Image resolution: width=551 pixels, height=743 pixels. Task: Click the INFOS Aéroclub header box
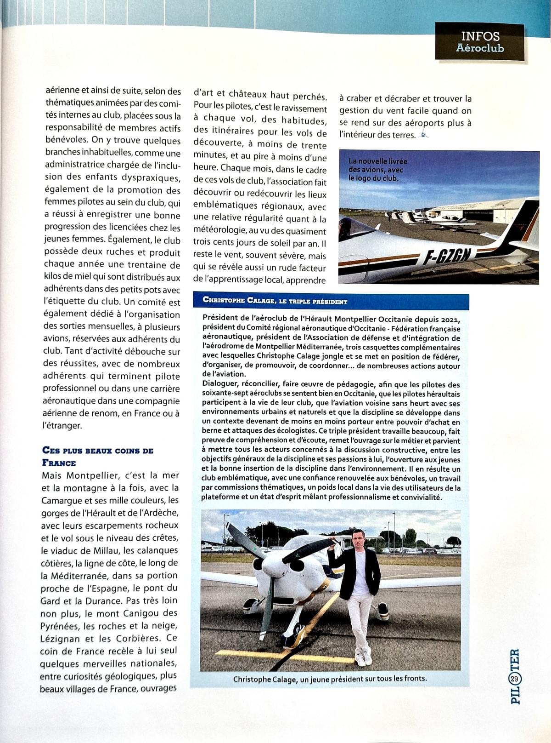480,42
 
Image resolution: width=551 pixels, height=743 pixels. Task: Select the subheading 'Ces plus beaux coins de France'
97,456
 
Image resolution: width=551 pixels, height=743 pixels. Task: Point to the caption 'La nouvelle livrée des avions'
377,170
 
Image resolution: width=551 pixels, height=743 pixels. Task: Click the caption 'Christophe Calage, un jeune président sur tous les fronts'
330,679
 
